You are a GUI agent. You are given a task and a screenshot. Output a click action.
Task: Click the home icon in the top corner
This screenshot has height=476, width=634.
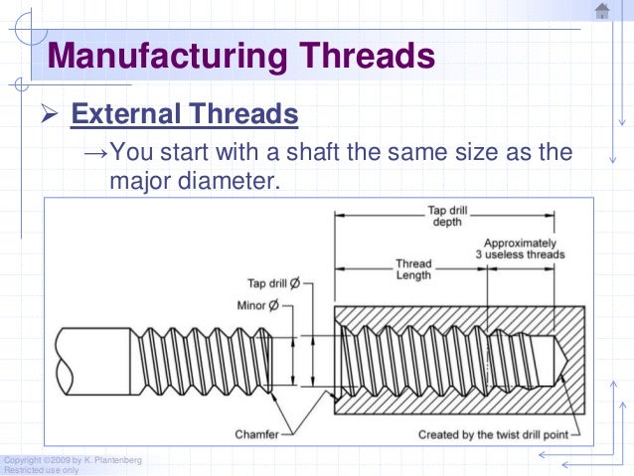(x=601, y=11)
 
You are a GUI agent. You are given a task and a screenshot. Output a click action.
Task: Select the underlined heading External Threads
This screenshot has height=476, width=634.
(x=185, y=115)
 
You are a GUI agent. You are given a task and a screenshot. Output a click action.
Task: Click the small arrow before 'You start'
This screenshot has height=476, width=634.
(x=94, y=154)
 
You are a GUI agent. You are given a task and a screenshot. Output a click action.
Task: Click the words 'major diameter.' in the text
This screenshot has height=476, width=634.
(x=195, y=182)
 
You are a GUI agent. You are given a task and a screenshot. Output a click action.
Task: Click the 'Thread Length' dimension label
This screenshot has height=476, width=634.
(x=413, y=269)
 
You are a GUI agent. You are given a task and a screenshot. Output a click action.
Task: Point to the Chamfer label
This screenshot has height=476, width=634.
(x=256, y=434)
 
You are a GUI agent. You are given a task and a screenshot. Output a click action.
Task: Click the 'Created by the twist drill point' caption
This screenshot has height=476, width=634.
(x=493, y=434)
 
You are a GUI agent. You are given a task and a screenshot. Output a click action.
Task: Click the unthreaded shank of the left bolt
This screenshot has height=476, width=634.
(x=95, y=357)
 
